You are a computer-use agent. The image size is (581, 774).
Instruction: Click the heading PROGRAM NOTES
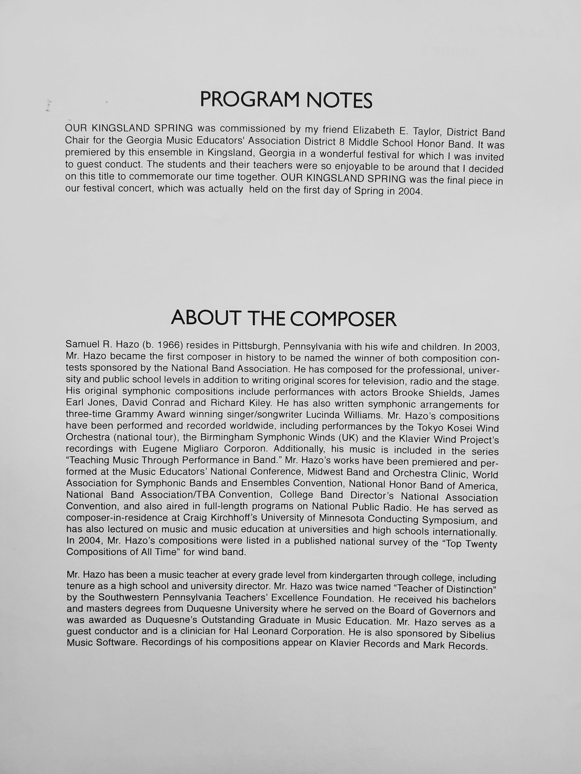286,100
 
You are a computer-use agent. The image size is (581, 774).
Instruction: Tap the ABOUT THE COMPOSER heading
284,319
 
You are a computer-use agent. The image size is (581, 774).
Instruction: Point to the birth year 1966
162,345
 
